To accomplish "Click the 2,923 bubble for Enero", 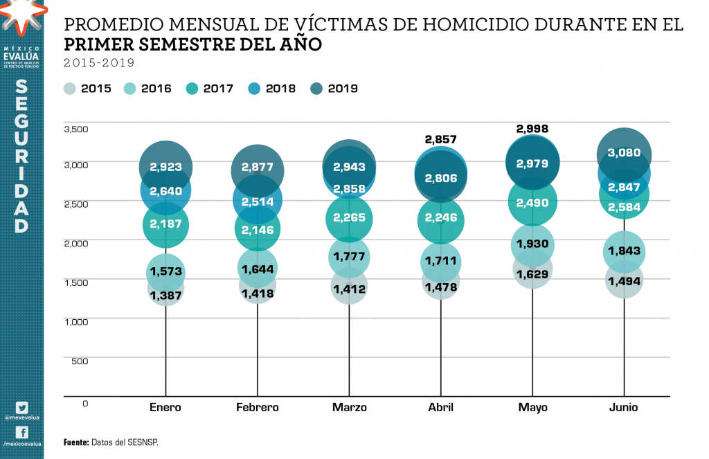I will point(165,167).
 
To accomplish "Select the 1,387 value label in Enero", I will point(165,295).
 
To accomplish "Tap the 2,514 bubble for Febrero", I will point(257,202).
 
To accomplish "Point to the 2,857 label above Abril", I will point(440,139).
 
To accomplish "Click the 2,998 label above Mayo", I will point(532,129).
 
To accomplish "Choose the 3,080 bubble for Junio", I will point(624,154).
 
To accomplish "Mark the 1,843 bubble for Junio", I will point(624,251).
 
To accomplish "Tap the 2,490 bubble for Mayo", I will point(532,202).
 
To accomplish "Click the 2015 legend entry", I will point(87,89).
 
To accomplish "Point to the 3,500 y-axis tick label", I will point(76,129).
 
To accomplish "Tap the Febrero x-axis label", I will point(257,407).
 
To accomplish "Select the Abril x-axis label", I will point(440,407).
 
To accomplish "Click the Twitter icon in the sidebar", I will point(21,408).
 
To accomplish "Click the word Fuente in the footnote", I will point(75,442).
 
